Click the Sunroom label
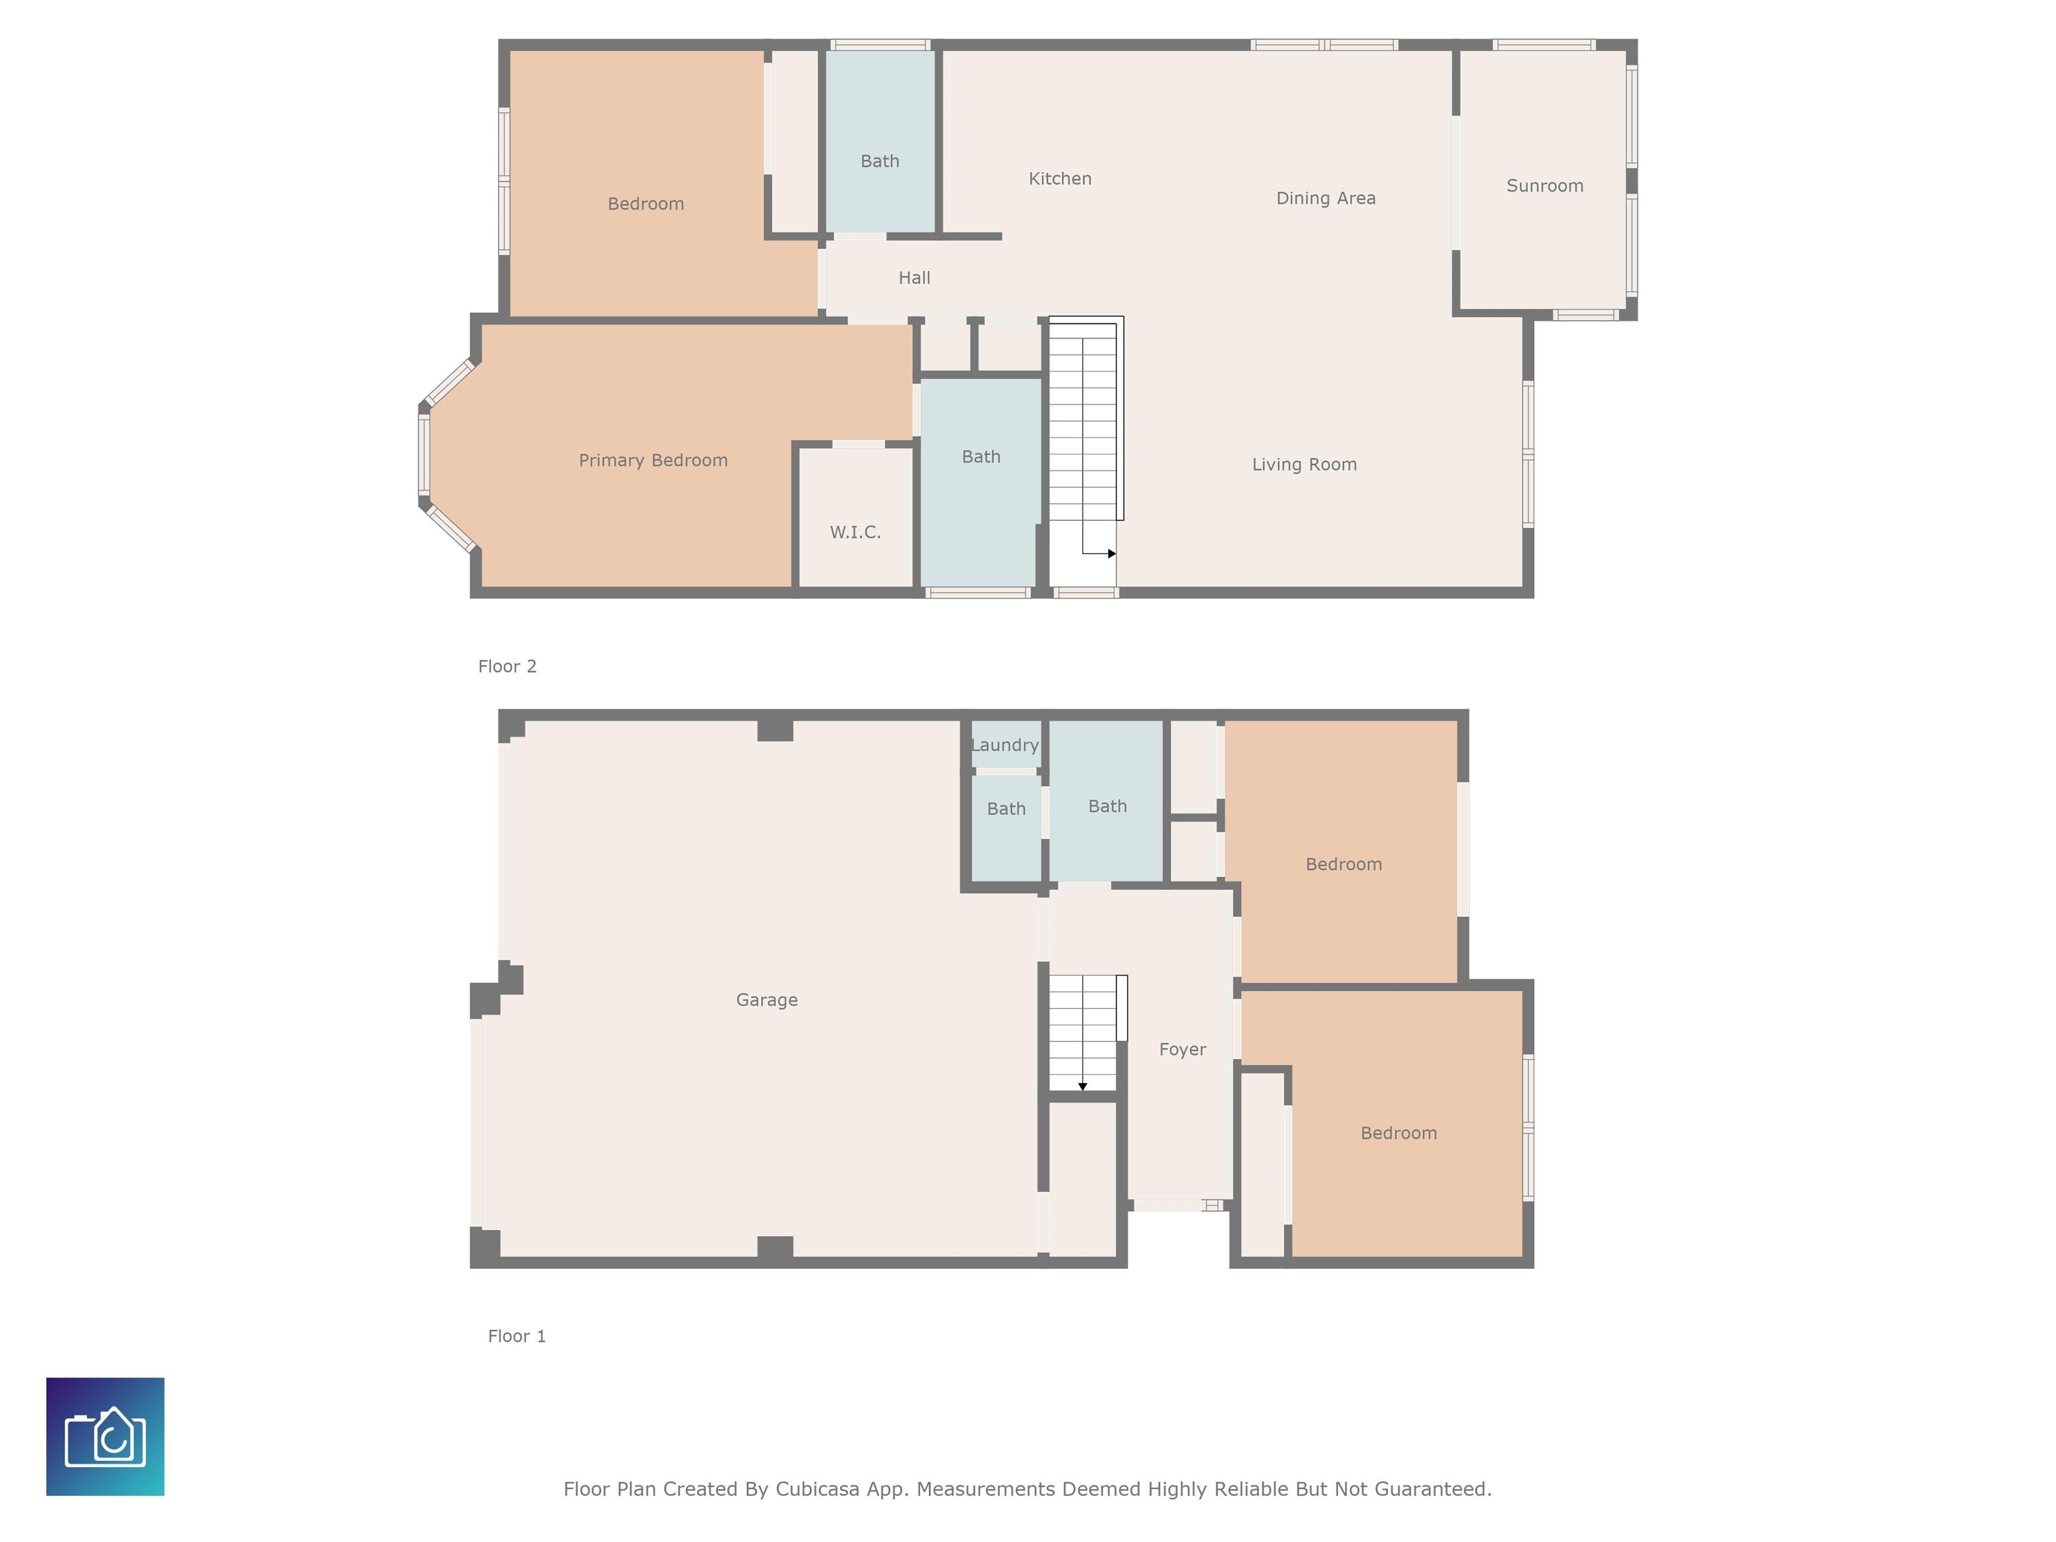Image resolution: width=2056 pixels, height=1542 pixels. point(1545,186)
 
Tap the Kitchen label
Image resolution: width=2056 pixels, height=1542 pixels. point(1059,179)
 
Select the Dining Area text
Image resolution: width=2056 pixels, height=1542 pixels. point(1325,198)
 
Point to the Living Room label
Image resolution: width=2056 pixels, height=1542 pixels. point(1304,464)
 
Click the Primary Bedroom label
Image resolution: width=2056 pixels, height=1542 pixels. point(653,460)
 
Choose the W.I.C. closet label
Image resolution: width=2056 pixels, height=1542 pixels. point(855,533)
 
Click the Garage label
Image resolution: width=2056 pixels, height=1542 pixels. point(767,1000)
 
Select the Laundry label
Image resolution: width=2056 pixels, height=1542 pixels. point(1005,746)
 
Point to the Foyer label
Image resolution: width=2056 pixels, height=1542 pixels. point(1183,1049)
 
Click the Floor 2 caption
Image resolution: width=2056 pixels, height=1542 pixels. point(507,667)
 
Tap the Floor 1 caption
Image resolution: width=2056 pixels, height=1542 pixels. point(517,1336)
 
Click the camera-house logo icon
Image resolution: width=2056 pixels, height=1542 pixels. point(105,1436)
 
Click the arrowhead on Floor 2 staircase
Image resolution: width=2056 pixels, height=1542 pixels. point(1112,554)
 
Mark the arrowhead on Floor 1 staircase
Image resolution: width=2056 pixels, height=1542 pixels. point(1083,1086)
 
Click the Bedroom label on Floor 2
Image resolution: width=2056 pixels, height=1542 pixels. point(646,203)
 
